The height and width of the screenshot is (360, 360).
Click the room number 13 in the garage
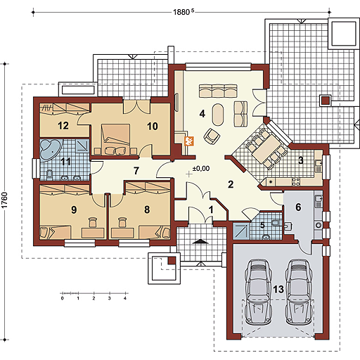278,289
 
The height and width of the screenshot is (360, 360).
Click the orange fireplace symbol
189,141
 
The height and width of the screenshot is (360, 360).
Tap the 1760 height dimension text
5,200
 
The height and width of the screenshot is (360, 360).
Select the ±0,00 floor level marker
201,168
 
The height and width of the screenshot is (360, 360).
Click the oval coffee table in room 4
218,115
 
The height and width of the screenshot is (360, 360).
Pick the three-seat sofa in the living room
218,91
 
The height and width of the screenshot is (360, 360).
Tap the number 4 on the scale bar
125,298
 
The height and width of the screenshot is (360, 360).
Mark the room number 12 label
63,126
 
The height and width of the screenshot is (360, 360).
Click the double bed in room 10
115,139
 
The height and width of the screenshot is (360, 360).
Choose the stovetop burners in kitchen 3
296,182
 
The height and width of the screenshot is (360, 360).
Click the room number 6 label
298,207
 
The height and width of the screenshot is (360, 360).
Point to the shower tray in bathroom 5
241,231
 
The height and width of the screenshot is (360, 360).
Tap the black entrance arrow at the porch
200,241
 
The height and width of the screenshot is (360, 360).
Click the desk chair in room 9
93,222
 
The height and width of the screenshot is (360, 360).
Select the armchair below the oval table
212,136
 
